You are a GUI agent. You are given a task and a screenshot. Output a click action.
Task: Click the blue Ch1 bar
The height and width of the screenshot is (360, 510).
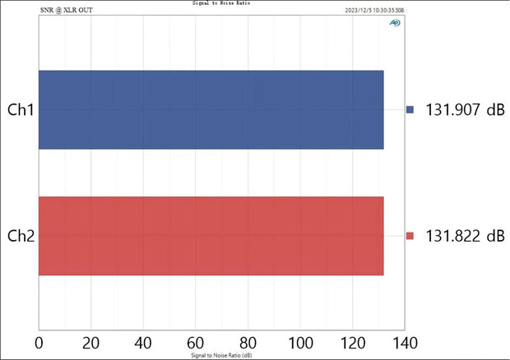[x=211, y=110]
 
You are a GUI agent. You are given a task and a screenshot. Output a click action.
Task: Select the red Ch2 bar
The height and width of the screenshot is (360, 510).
[x=211, y=236]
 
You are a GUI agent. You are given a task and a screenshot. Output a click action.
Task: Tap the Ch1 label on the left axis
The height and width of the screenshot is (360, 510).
[x=20, y=110]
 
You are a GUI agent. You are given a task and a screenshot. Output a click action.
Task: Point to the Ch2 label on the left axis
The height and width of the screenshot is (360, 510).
[x=20, y=237]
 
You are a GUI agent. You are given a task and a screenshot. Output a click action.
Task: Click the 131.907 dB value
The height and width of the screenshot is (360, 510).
[x=465, y=110]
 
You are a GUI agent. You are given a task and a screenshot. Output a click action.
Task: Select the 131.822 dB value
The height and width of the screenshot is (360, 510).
[x=465, y=237]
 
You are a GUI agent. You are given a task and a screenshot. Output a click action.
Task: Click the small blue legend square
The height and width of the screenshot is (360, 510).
[x=410, y=110]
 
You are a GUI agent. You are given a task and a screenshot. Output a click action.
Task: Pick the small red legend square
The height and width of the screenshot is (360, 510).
[x=410, y=237]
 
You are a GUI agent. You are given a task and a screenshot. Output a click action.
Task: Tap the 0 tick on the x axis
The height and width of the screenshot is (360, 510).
[x=39, y=342]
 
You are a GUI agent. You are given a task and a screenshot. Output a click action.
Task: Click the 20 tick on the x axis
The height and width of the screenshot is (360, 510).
[x=91, y=342]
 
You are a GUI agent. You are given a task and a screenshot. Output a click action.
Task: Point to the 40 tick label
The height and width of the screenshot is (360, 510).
[x=143, y=342]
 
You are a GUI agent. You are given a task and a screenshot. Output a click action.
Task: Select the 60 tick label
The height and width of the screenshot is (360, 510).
[x=196, y=342]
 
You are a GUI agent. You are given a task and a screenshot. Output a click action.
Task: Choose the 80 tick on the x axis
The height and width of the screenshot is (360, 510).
[x=248, y=342]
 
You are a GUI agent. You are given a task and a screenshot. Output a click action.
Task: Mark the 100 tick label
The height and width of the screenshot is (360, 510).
[x=300, y=342]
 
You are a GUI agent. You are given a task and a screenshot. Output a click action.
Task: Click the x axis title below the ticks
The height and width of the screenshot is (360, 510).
[x=221, y=354]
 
